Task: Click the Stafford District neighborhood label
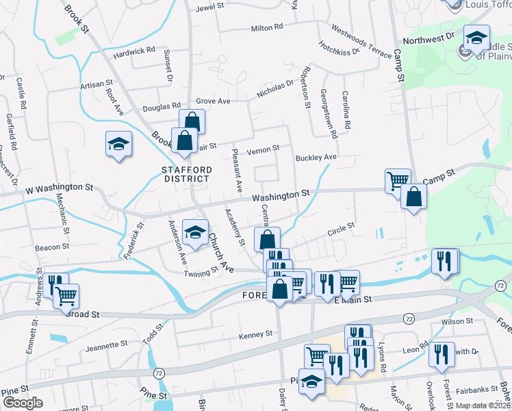click(x=185, y=174)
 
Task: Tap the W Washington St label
click(x=59, y=187)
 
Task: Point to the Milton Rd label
click(x=267, y=28)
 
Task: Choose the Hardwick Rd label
click(x=134, y=51)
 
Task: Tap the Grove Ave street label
click(x=213, y=101)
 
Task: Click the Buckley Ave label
click(x=316, y=158)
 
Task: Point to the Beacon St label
click(x=53, y=246)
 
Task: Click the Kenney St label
click(x=255, y=334)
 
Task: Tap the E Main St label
click(x=355, y=299)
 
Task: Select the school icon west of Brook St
click(x=118, y=144)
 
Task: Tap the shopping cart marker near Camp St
click(x=398, y=181)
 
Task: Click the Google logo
click(x=22, y=403)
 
